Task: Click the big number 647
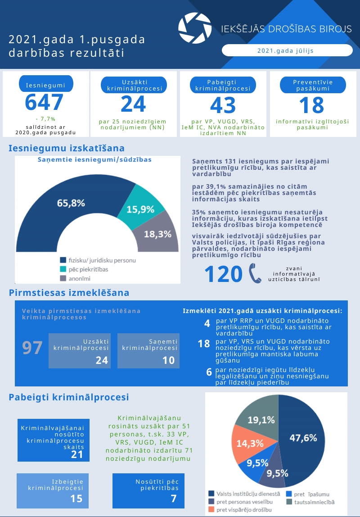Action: tap(44, 103)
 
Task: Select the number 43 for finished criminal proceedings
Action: tap(223, 105)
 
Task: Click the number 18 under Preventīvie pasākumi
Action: tap(311, 105)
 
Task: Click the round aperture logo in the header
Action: tap(194, 28)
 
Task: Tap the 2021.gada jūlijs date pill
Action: tap(285, 50)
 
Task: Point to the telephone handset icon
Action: tap(255, 273)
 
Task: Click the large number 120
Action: tap(223, 274)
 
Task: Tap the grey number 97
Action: tap(32, 348)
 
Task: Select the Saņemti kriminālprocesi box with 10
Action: tap(148, 351)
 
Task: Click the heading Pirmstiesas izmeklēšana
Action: tap(69, 293)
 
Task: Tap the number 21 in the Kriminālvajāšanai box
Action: tap(77, 454)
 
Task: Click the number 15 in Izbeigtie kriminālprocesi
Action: tap(76, 499)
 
